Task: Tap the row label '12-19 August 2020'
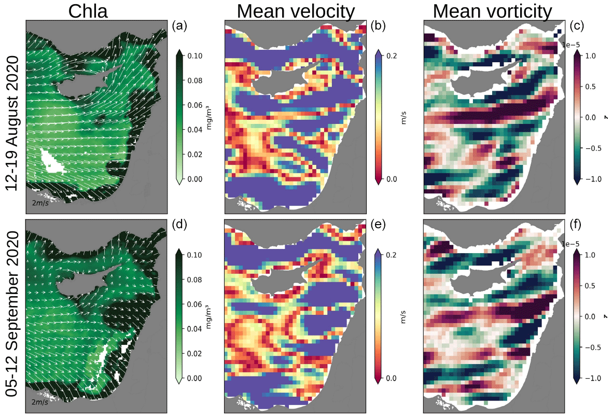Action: pyautogui.click(x=13, y=123)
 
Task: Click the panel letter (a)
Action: pyautogui.click(x=180, y=26)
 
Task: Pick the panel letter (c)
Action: pyautogui.click(x=578, y=26)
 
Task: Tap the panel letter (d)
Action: pyautogui.click(x=180, y=226)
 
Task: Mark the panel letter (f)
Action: pyautogui.click(x=578, y=226)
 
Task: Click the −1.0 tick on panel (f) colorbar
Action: pyautogui.click(x=594, y=378)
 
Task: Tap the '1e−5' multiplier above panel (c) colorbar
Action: pyautogui.click(x=570, y=45)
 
